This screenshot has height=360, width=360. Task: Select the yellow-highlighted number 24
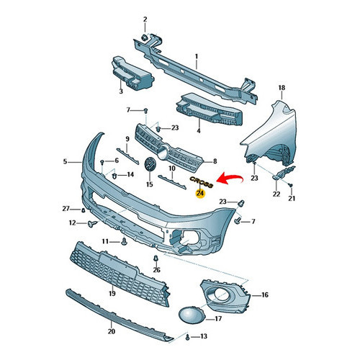pyautogui.click(x=200, y=193)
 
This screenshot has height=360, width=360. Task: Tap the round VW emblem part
pyautogui.click(x=150, y=165)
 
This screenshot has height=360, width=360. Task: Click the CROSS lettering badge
pyautogui.click(x=202, y=182)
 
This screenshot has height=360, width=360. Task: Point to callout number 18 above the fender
pyautogui.click(x=282, y=88)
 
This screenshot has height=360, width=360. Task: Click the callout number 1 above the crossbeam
pyautogui.click(x=197, y=57)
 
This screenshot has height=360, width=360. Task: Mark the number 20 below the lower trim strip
pyautogui.click(x=112, y=331)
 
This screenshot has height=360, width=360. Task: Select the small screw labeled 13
pyautogui.click(x=187, y=337)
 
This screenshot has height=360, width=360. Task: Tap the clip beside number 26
pyautogui.click(x=156, y=258)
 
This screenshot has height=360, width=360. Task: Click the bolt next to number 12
pyautogui.click(x=92, y=224)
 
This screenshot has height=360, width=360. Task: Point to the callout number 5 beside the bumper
pyautogui.click(x=65, y=161)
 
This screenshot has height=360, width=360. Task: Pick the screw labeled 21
pyautogui.click(x=291, y=185)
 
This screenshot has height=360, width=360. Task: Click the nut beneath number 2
pyautogui.click(x=145, y=37)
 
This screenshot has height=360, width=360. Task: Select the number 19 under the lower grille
pyautogui.click(x=112, y=293)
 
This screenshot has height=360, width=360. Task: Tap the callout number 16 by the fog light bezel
pyautogui.click(x=264, y=294)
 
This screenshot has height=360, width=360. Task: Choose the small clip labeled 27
pyautogui.click(x=83, y=210)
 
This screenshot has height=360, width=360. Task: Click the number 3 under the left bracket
pyautogui.click(x=121, y=91)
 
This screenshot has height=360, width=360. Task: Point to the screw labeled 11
pyautogui.click(x=124, y=242)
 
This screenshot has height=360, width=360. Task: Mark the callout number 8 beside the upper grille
pyautogui.click(x=215, y=161)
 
